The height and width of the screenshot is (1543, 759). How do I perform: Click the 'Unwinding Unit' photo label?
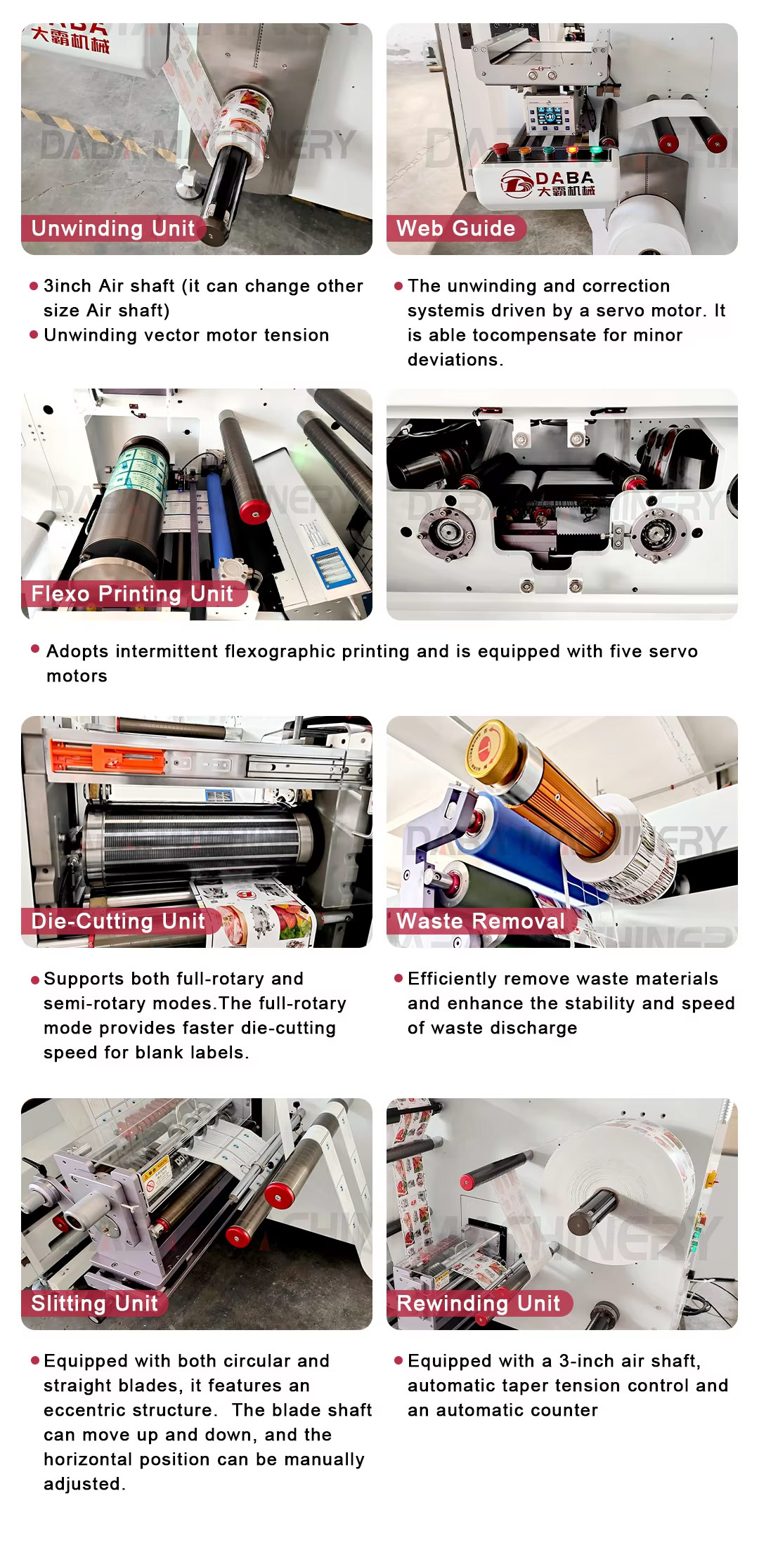click(113, 228)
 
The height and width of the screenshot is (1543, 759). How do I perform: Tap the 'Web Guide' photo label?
click(456, 228)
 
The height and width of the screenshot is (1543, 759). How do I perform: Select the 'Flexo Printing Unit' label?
click(132, 594)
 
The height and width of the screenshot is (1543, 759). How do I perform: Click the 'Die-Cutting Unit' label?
click(118, 921)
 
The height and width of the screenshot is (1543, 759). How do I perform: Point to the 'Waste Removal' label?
click(481, 921)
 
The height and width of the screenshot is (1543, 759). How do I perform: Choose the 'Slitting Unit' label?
click(94, 1303)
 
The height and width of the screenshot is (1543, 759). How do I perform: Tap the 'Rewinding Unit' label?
click(479, 1303)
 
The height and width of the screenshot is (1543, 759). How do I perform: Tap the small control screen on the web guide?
click(549, 119)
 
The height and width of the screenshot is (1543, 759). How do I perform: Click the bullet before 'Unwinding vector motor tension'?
click(34, 334)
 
